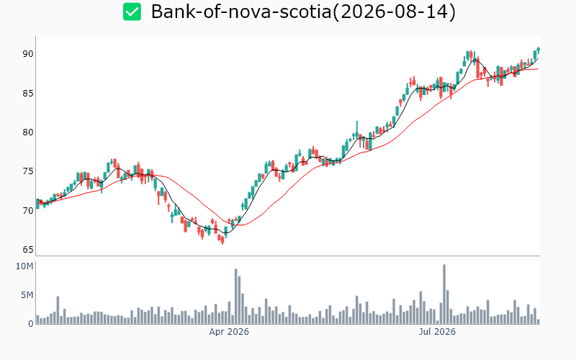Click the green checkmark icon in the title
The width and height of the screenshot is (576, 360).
132,12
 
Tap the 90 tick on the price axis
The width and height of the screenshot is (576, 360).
28,54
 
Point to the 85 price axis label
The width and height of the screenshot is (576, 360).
28,94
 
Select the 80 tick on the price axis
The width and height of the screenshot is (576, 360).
28,132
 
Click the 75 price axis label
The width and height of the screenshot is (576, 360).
28,171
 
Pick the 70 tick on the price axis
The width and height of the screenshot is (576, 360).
28,211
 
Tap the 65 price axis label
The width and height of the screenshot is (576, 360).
28,250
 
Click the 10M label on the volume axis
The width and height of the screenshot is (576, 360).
24,266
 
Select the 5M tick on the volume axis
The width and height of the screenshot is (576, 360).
27,295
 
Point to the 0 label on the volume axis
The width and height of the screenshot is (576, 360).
31,323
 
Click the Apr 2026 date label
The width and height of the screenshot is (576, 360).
229,332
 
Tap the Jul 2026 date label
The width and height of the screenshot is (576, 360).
437,332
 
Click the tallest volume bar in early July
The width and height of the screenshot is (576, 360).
444,294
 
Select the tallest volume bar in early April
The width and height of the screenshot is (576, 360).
236,297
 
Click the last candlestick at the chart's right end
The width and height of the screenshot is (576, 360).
539,50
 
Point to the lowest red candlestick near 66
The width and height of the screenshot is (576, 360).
222,240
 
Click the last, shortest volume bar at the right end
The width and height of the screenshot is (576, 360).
539,322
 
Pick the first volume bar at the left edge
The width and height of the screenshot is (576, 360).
37,320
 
